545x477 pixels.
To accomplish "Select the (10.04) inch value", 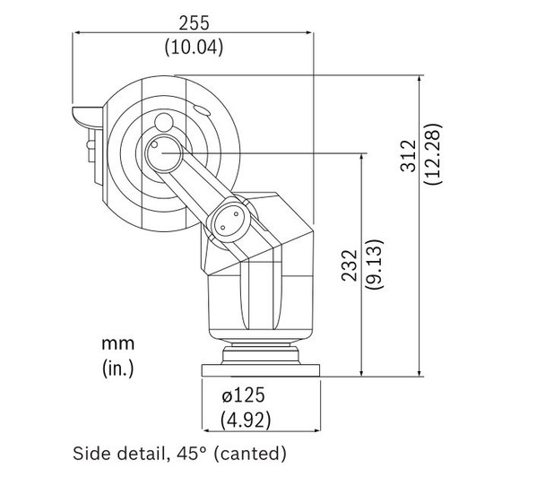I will tap(193, 45).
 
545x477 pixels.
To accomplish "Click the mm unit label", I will tap(118, 342).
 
